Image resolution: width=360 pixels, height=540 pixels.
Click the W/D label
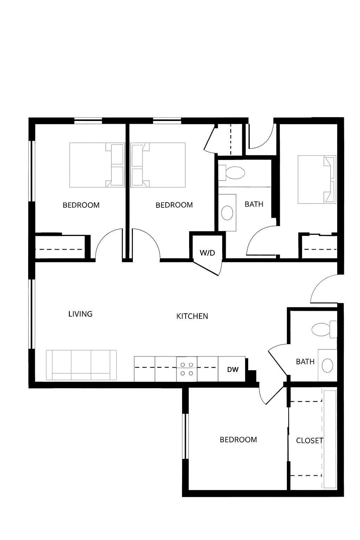click(x=207, y=253)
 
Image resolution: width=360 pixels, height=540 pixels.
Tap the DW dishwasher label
click(x=233, y=369)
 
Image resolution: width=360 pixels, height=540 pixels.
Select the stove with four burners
click(x=187, y=369)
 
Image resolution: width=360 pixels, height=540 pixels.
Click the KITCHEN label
click(x=192, y=316)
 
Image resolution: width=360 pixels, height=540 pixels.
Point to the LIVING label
click(x=80, y=314)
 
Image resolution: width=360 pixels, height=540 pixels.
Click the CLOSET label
click(x=309, y=441)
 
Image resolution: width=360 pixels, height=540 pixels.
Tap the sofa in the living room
click(x=81, y=365)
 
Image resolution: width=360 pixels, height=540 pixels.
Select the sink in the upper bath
click(x=227, y=213)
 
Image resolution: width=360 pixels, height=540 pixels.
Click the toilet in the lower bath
click(x=324, y=329)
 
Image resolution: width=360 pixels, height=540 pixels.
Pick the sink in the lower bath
click(x=327, y=365)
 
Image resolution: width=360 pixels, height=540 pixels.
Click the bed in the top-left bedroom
click(x=97, y=165)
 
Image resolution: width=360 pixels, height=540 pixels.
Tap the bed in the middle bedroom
click(x=158, y=165)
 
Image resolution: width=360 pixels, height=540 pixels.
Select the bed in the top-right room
click(x=317, y=179)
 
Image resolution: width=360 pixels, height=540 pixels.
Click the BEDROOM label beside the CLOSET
click(x=238, y=439)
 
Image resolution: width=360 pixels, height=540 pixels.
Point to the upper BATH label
click(x=254, y=204)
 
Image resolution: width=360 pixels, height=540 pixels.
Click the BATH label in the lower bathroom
click(x=305, y=362)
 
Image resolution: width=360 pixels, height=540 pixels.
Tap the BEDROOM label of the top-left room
click(x=81, y=205)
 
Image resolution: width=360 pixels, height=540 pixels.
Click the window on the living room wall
click(x=32, y=314)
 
